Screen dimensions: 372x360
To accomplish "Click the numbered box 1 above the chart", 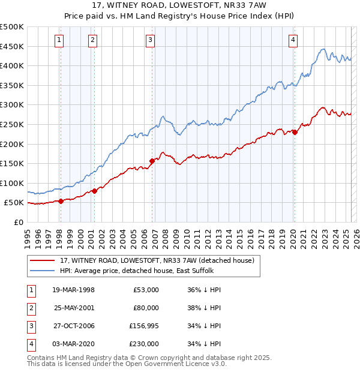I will [x=60, y=40].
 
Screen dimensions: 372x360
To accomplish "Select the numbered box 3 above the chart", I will [x=150, y=40].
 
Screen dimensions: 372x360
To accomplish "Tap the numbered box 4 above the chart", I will [x=293, y=40].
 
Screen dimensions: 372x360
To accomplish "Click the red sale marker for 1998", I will [x=61, y=201].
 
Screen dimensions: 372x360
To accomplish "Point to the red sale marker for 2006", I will [x=152, y=160].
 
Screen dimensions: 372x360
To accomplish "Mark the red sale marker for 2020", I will [x=295, y=133].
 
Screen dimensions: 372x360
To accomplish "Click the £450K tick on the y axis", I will [x=12, y=46].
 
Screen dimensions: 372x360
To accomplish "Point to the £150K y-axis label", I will [x=12, y=163].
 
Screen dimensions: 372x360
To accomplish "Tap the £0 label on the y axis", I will [x=18, y=222].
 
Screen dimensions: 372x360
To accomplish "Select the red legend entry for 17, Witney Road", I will [x=157, y=260].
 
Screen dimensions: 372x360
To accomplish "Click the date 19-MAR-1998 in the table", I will [x=73, y=290].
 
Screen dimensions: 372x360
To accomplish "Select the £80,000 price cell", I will [x=146, y=308].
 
